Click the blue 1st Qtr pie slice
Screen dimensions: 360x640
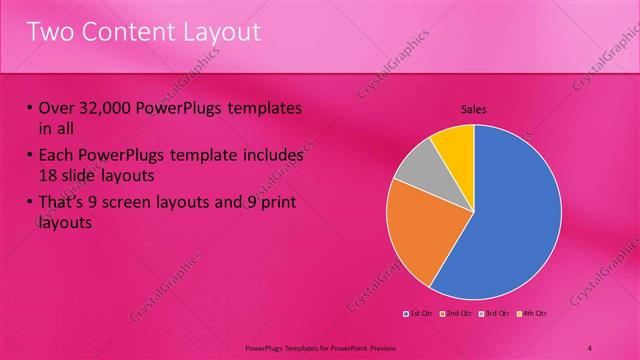click(510, 215)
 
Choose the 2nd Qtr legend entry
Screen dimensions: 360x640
click(456, 315)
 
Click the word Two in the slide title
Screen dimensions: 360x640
click(49, 32)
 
